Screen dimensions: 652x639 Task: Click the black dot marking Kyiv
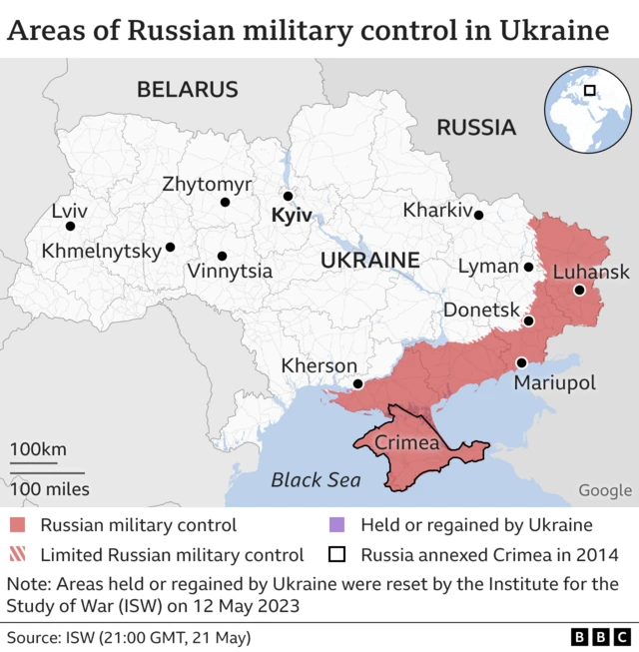point(288,197)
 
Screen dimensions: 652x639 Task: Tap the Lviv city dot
point(70,226)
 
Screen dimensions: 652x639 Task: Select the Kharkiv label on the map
point(437,211)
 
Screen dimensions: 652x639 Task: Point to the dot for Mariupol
point(521,362)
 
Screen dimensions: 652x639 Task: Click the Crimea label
point(406,442)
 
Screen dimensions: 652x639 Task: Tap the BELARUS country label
point(188,90)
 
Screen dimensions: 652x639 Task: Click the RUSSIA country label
point(476,128)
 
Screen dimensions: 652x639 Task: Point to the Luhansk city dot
point(579,291)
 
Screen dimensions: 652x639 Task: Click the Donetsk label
point(481,311)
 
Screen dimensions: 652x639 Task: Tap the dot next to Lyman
point(528,267)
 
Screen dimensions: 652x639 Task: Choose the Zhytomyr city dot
point(226,203)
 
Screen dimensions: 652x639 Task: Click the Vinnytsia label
point(230,271)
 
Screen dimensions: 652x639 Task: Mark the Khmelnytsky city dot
point(170,247)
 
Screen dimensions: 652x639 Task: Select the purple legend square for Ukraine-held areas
point(337,525)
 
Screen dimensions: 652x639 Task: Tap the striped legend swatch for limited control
point(19,555)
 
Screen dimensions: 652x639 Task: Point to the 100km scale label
point(38,449)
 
